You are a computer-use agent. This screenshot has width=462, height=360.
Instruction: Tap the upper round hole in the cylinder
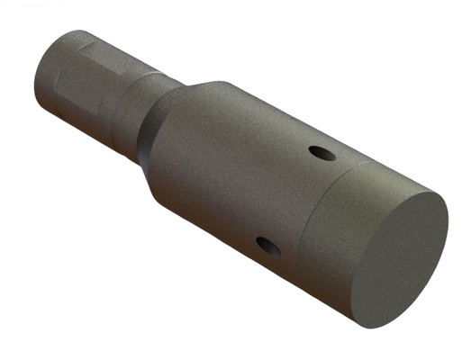pos(321,153)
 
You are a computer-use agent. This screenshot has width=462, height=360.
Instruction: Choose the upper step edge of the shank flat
pos(90,40)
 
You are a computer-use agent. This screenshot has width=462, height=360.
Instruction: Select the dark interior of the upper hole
pos(322,154)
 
